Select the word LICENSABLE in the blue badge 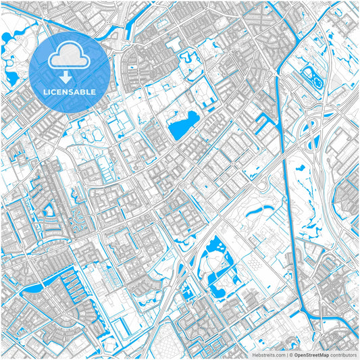[69, 92]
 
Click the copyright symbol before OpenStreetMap [290, 354]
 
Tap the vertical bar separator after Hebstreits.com [286, 354]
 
